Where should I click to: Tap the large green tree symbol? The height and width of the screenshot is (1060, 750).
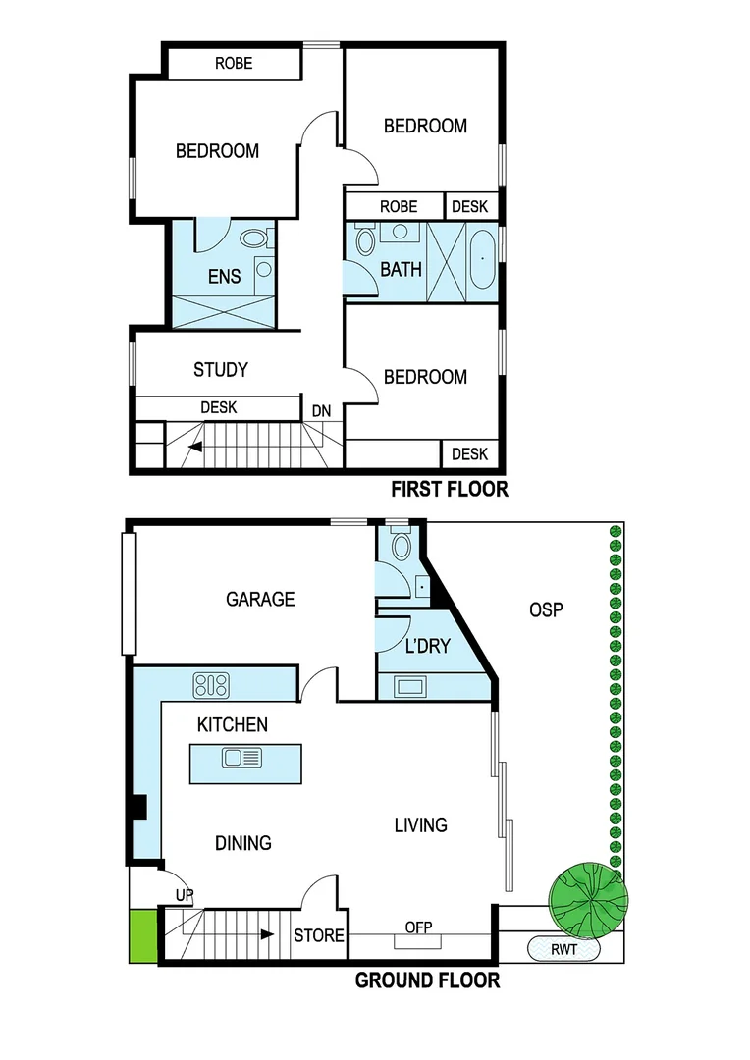click(587, 897)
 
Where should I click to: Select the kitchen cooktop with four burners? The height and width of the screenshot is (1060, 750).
click(211, 684)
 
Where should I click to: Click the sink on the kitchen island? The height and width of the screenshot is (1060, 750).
click(241, 757)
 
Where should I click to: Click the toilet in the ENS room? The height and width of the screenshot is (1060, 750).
click(255, 238)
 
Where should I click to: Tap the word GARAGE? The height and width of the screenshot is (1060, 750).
click(260, 599)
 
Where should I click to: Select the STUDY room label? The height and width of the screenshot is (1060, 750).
click(221, 370)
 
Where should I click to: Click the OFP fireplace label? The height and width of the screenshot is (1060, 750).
click(419, 927)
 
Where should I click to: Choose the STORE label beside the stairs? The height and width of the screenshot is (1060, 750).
click(319, 935)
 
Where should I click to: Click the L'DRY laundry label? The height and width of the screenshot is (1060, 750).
click(427, 646)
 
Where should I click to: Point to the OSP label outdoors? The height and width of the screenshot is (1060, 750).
click(546, 609)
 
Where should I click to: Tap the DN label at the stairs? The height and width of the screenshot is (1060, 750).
click(321, 410)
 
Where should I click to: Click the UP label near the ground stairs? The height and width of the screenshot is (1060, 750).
click(184, 895)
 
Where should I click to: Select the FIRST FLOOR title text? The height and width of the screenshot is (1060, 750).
click(450, 489)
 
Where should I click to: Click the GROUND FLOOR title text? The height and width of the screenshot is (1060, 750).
click(427, 980)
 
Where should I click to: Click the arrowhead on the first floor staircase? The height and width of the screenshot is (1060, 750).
click(196, 447)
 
